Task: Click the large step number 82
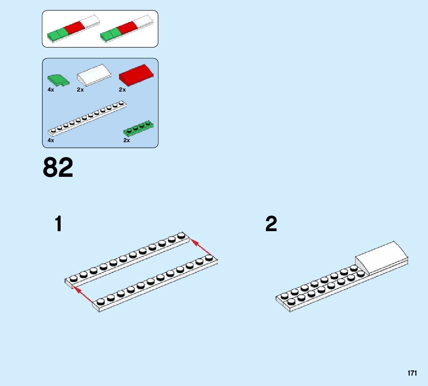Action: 58,168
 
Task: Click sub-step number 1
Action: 58,224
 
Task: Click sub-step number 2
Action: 271,224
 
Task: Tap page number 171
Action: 412,373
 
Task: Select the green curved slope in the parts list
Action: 58,80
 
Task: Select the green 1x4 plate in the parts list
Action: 138,128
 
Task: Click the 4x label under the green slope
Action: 51,90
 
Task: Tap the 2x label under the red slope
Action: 122,90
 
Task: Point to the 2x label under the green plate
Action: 127,140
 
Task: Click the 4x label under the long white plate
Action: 51,140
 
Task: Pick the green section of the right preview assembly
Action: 110,35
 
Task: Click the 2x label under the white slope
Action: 80,90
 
